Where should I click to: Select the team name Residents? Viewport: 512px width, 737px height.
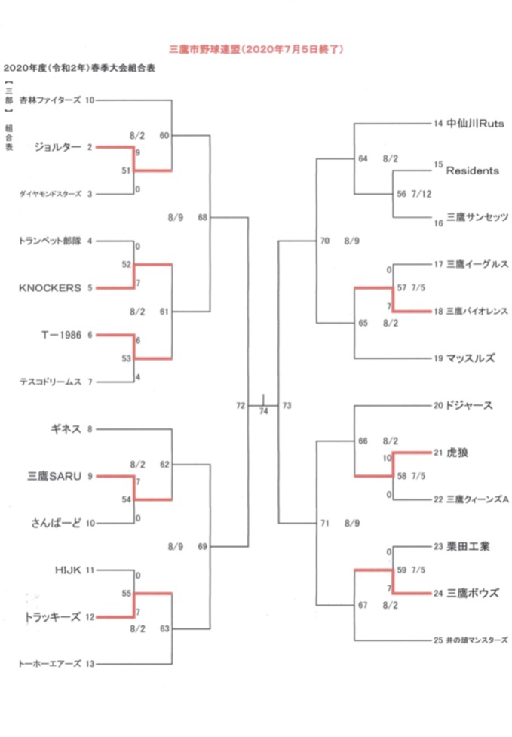473,170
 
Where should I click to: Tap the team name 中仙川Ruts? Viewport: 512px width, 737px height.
474,123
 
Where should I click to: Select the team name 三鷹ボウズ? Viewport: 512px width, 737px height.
472,593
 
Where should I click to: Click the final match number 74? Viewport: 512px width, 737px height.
263,411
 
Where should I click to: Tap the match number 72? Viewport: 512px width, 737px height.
241,406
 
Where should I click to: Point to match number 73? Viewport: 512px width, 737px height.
287,406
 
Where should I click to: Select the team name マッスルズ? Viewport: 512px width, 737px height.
471,358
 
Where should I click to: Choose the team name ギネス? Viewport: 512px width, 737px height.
66,428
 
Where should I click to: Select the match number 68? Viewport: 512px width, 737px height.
202,217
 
